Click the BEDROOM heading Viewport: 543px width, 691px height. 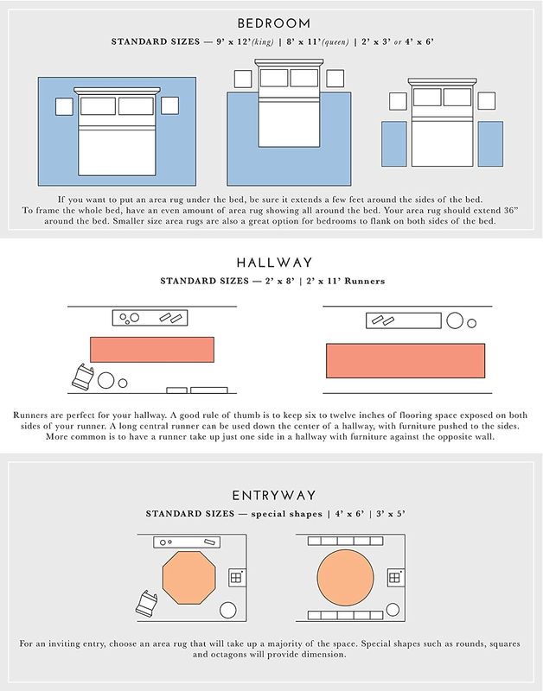(274, 23)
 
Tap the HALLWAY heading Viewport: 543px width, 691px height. (274, 263)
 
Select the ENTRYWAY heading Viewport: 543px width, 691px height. (274, 495)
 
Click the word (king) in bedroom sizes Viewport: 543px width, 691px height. (263, 41)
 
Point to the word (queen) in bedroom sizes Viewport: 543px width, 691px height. (335, 41)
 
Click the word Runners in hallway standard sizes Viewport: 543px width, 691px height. (364, 282)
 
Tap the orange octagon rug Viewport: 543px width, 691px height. (189, 577)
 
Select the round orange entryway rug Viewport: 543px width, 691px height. (345, 577)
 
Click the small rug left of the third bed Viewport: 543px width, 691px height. (394, 144)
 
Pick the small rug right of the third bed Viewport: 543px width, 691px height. (490, 144)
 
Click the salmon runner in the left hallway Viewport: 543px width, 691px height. (152, 350)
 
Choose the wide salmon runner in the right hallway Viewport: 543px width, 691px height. (406, 361)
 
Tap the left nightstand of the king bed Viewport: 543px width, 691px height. (64, 106)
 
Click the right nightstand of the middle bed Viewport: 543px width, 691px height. (335, 79)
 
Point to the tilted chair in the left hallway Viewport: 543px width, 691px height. (82, 377)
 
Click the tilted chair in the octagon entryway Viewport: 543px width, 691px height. (146, 603)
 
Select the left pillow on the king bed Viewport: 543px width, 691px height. (98, 106)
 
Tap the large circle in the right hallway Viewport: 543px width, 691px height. (455, 320)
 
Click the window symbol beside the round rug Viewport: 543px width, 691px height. (395, 578)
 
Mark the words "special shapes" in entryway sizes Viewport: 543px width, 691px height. (287, 514)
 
